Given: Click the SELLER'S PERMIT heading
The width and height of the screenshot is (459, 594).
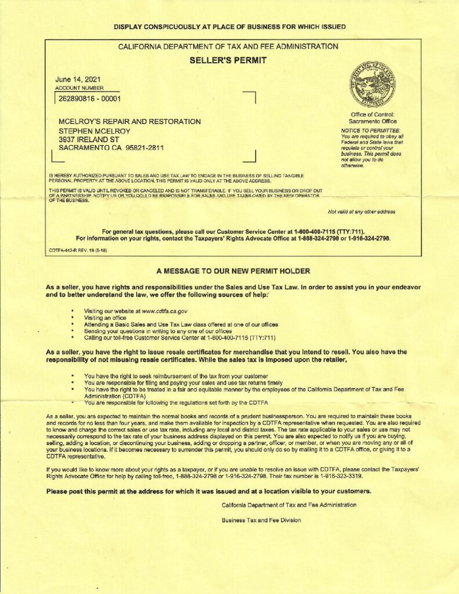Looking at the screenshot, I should click(x=228, y=60).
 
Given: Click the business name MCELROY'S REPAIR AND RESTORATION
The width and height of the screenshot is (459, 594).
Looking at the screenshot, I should click(x=130, y=122).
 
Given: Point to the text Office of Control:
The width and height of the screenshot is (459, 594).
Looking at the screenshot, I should click(x=373, y=114).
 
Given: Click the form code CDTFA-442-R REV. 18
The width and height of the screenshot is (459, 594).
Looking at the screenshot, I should click(x=77, y=250).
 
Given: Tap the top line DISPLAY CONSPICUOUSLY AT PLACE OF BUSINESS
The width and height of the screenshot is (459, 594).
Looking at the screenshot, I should click(x=229, y=27).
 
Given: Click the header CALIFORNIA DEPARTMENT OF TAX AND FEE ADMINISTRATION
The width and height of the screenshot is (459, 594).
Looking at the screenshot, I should click(x=227, y=46).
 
